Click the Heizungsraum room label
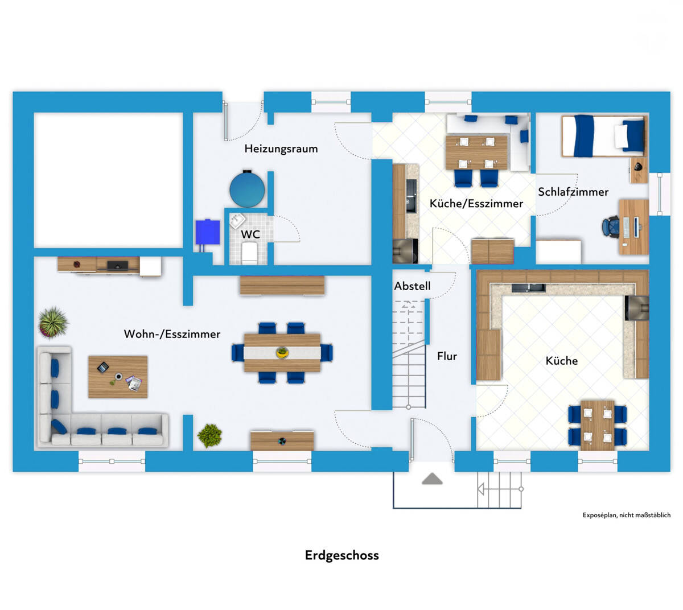point(281,149)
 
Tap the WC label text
point(250,234)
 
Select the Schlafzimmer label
point(573,192)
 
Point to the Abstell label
point(412,286)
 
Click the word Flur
point(447,356)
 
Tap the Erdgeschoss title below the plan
point(341,555)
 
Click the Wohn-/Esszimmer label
point(172,334)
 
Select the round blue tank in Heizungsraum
point(247,189)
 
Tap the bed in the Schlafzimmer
point(603,136)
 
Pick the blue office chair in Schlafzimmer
point(612,226)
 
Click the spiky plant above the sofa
point(53,322)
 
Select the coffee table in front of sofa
point(118,377)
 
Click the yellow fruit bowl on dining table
point(282,353)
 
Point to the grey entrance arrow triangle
point(432,479)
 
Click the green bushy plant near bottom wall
point(209,435)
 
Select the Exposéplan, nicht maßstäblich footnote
point(626,516)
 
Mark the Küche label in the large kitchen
point(561,361)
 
